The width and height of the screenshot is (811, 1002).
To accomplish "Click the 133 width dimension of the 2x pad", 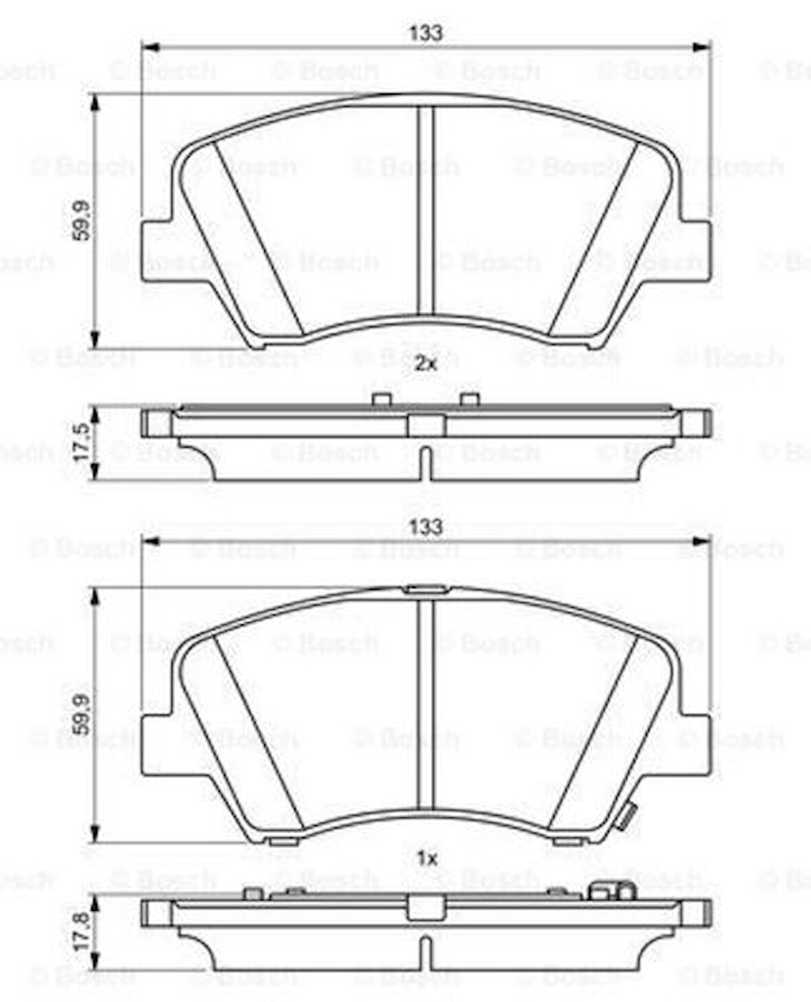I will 425,32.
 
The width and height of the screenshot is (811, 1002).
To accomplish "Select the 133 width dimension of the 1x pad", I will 425,527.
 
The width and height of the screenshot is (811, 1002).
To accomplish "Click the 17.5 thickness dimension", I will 81,442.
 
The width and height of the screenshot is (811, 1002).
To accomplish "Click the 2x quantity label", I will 426,364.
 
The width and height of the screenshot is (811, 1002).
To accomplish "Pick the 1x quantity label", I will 427,858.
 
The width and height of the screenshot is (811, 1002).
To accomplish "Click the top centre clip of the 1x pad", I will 426,589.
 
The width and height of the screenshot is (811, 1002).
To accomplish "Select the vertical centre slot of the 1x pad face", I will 427,704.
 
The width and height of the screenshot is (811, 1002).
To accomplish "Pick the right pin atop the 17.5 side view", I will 469,399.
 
